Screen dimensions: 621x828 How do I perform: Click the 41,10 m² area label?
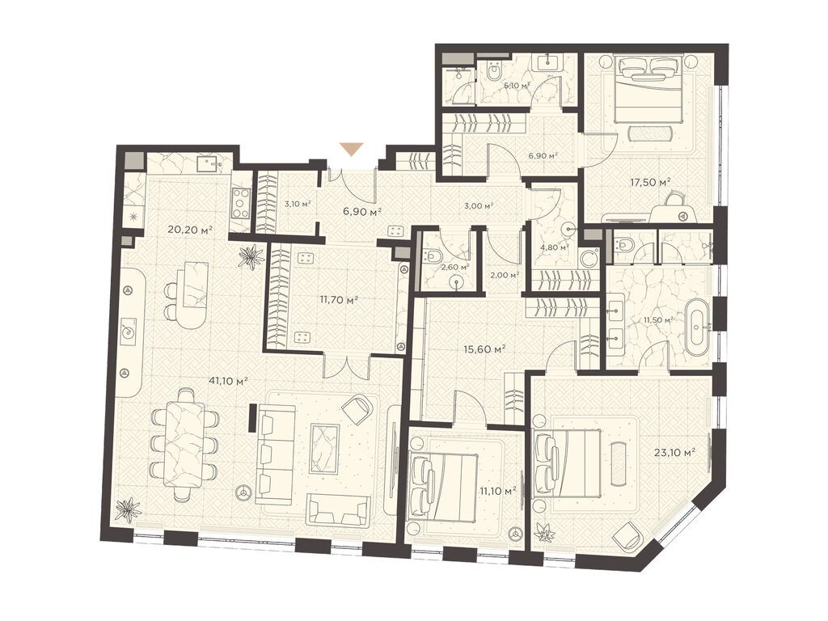coord(228,381)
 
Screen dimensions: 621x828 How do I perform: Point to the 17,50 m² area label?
coord(651,183)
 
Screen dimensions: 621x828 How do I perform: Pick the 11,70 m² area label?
coord(340,299)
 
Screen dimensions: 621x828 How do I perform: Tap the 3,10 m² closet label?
coord(298,204)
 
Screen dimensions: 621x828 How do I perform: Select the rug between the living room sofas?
coord(325,447)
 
